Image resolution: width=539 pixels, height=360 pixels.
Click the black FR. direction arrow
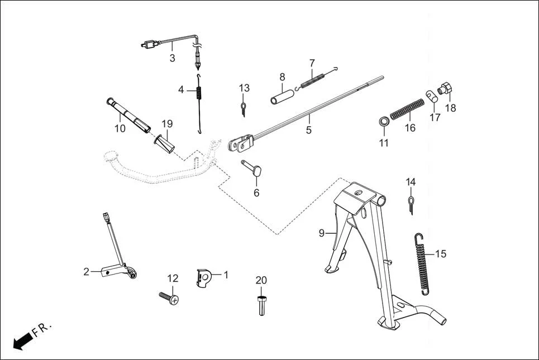coord(22,340)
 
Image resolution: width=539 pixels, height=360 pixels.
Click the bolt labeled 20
coord(261,305)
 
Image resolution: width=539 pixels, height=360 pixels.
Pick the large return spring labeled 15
coord(423,262)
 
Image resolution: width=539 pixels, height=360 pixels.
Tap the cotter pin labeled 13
coord(244,107)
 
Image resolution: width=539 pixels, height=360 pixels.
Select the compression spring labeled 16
coord(407,109)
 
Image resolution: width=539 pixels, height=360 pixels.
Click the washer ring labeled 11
coord(383,122)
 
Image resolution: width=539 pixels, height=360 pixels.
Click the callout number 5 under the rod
coord(308,130)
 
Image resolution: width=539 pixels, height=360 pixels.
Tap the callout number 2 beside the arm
coord(86,272)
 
